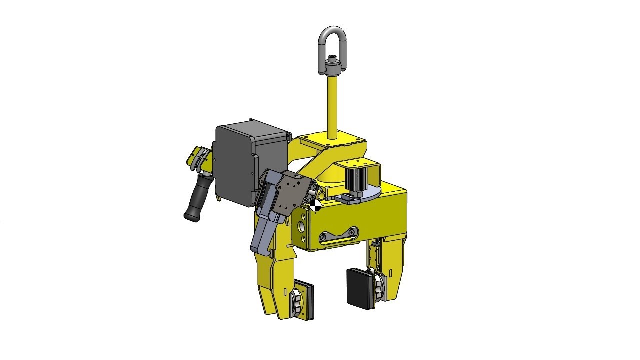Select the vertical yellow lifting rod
click(331, 102)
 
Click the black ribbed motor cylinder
click(358, 177)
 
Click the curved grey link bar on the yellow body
click(339, 236)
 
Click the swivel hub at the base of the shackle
click(330, 65)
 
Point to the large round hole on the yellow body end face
click(302, 227)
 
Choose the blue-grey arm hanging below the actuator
click(262, 235)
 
